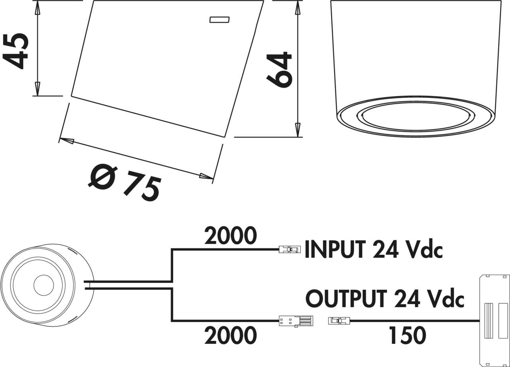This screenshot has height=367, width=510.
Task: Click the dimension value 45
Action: coord(17,51)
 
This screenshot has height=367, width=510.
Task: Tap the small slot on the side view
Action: coord(219,20)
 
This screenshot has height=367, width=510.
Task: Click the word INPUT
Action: coord(335,250)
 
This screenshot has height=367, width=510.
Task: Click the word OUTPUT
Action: coord(346,299)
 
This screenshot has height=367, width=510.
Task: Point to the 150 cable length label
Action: coord(408,336)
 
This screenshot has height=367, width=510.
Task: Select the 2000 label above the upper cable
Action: coord(230,236)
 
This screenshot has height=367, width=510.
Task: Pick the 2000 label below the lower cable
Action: coord(230,336)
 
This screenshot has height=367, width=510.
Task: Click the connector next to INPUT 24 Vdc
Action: coord(290,250)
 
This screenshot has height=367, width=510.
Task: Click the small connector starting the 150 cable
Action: coord(339,320)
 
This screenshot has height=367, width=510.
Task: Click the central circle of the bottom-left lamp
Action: coord(43,285)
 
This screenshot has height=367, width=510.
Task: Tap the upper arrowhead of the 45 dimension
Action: coord(37,8)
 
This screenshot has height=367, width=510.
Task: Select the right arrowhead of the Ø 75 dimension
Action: coord(206,176)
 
